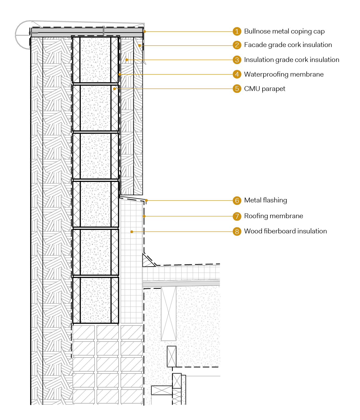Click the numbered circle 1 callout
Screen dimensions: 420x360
[237, 31]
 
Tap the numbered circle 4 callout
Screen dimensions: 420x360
[237, 74]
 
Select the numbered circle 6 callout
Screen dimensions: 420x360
[237, 200]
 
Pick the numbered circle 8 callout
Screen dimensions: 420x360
[237, 231]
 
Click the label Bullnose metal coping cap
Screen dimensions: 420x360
[284, 31]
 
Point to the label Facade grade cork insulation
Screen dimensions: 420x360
[288, 45]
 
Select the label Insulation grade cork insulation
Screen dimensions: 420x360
[292, 60]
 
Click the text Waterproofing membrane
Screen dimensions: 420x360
[284, 74]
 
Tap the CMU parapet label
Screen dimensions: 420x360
[265, 89]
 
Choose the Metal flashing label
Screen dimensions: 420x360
[265, 200]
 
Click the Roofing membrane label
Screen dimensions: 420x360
[274, 216]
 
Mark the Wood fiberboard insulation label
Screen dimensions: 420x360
[285, 231]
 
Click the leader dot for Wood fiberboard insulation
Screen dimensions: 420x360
[132, 232]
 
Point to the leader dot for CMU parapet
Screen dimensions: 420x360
[115, 89]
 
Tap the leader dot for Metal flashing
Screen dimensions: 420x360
[146, 200]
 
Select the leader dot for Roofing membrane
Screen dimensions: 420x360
[144, 216]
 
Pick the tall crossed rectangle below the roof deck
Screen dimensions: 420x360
[169, 314]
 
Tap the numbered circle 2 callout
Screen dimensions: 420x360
[237, 45]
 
